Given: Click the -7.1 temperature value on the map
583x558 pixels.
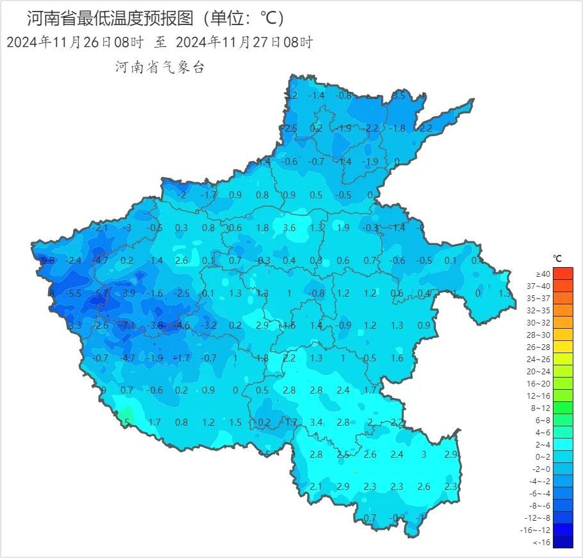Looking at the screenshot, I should tap(128, 326).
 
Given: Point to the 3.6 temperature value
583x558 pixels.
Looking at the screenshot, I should tap(289, 228).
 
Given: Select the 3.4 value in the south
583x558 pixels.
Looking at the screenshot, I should tap(316, 422).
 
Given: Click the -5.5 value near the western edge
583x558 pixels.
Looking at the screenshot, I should tap(74, 293).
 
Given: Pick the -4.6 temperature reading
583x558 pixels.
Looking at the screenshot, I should tap(182, 326).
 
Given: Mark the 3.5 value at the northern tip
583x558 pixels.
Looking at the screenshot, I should tap(398, 96).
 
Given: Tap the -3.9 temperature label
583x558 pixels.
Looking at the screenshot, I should tap(128, 293).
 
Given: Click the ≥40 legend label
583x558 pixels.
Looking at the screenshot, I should tap(543, 274).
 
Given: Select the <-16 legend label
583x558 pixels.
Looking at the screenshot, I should tap(543, 542).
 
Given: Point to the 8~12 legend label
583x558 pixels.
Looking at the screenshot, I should tap(543, 408).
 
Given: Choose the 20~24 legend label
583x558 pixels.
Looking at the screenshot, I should tap(543, 371).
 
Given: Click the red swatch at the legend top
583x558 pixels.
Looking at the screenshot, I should tap(562, 274).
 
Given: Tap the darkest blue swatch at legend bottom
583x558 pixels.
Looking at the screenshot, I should tap(562, 542).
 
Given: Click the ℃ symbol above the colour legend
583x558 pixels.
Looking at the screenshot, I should tap(557, 259).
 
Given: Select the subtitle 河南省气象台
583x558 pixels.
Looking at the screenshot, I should tap(159, 67).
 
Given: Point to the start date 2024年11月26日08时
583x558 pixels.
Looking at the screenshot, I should tap(74, 43).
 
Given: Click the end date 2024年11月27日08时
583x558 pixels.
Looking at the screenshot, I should tap(244, 43).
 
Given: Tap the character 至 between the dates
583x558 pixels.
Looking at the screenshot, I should tap(160, 43).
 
